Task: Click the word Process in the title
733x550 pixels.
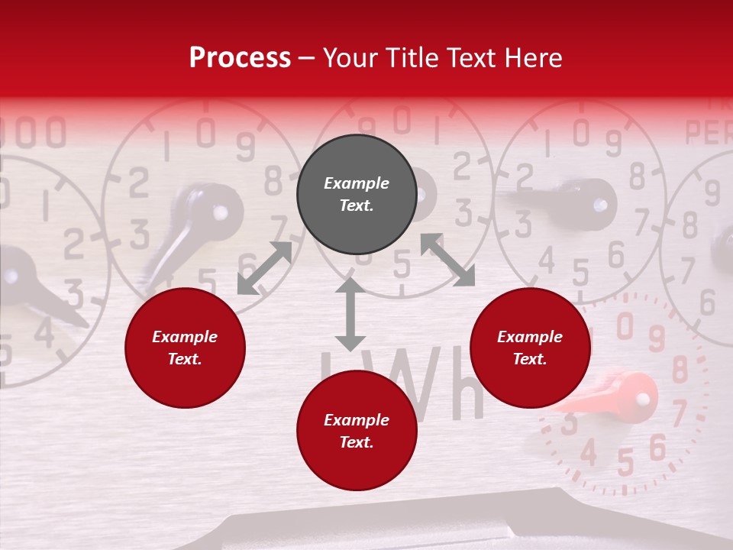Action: pos(240,58)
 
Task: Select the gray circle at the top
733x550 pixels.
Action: pos(357,194)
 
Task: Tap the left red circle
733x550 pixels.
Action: pos(185,348)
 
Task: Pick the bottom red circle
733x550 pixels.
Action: pos(357,430)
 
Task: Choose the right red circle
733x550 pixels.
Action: pos(530,348)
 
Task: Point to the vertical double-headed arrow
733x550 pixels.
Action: pos(350,314)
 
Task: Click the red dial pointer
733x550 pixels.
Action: pos(618,395)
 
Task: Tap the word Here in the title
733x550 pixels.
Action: pos(534,58)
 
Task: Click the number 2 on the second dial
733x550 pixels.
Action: pos(138,183)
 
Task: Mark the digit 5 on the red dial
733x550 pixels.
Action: pos(625,463)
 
